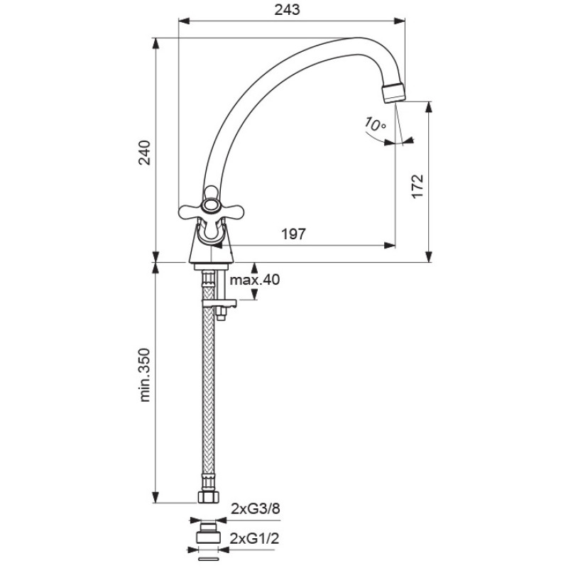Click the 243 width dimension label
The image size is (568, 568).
click(x=288, y=10)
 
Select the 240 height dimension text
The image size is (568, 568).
click(x=145, y=153)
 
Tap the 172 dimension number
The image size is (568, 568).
click(x=417, y=186)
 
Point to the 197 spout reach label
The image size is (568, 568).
click(x=294, y=234)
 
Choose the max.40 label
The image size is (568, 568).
click(x=255, y=280)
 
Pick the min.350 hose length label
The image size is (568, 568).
click(x=145, y=375)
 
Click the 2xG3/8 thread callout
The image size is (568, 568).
click(x=256, y=509)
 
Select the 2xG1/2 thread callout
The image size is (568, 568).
click(x=255, y=539)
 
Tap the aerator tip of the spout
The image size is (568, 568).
click(x=394, y=93)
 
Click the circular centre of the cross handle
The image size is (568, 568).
click(x=210, y=205)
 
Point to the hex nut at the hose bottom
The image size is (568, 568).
click(x=208, y=497)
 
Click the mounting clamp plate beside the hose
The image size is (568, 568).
click(x=219, y=303)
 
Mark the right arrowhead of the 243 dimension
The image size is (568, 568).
click(x=400, y=21)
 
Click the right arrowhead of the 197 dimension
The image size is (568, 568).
click(x=390, y=245)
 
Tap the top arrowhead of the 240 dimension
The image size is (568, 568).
click(x=155, y=43)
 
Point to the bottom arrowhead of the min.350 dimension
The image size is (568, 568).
click(x=155, y=498)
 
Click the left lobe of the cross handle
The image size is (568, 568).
click(x=189, y=212)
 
